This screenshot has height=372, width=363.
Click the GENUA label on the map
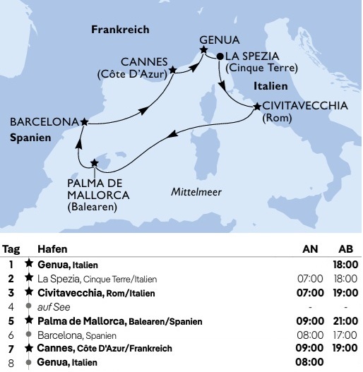pos(219,40)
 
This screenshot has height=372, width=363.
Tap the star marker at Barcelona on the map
pos(85,122)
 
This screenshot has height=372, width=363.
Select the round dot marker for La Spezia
pos(220,56)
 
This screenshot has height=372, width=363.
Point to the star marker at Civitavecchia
pos(255,107)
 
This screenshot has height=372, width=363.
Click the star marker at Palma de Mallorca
pos(95,163)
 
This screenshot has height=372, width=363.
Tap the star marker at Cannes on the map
pos(174,71)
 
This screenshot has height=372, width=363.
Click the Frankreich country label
pos(120,29)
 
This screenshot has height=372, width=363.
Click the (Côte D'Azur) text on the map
pos(131,73)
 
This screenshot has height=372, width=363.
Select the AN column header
pos(309,249)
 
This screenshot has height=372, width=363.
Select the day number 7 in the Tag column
pos(11,348)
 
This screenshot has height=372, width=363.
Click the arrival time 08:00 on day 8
pos(309,362)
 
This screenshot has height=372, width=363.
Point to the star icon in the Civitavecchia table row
pos(29,292)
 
